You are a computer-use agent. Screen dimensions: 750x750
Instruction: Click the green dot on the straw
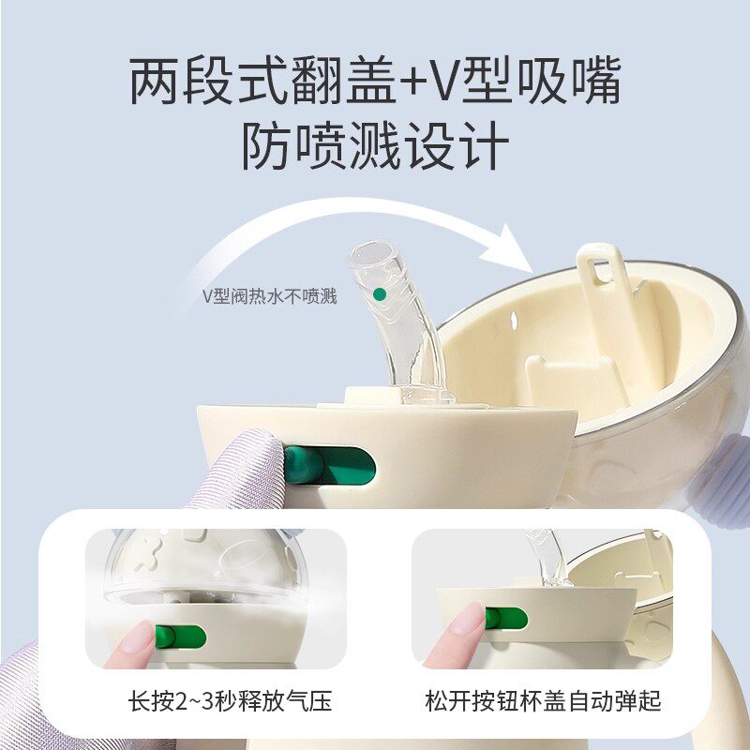point(379,294)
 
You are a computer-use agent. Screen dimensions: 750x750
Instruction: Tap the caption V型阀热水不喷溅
point(270,296)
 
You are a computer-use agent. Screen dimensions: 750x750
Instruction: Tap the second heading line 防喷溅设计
point(375,145)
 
